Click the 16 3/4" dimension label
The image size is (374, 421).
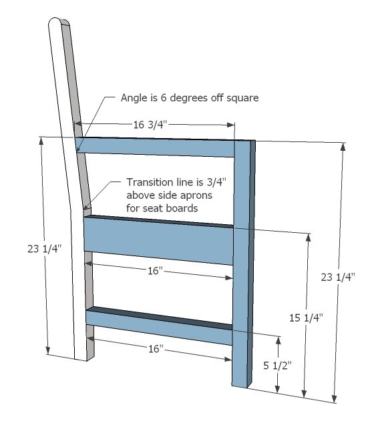(x=150, y=125)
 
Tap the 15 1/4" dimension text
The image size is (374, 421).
(x=306, y=318)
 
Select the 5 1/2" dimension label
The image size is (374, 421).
(x=277, y=366)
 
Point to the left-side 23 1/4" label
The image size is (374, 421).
(x=45, y=249)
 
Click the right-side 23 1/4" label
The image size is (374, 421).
(x=338, y=277)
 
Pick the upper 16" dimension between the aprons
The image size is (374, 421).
(x=156, y=271)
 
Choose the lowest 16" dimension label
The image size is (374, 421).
(x=156, y=349)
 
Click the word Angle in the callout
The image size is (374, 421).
(x=132, y=98)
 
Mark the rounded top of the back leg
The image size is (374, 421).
(x=59, y=21)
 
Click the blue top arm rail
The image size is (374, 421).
(x=155, y=147)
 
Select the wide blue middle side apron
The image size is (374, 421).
(x=158, y=240)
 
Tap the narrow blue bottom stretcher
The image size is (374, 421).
(x=159, y=326)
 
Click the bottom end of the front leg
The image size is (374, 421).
(x=240, y=386)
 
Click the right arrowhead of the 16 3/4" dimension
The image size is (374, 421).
(x=231, y=125)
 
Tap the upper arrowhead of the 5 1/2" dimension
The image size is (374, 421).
(x=278, y=340)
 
